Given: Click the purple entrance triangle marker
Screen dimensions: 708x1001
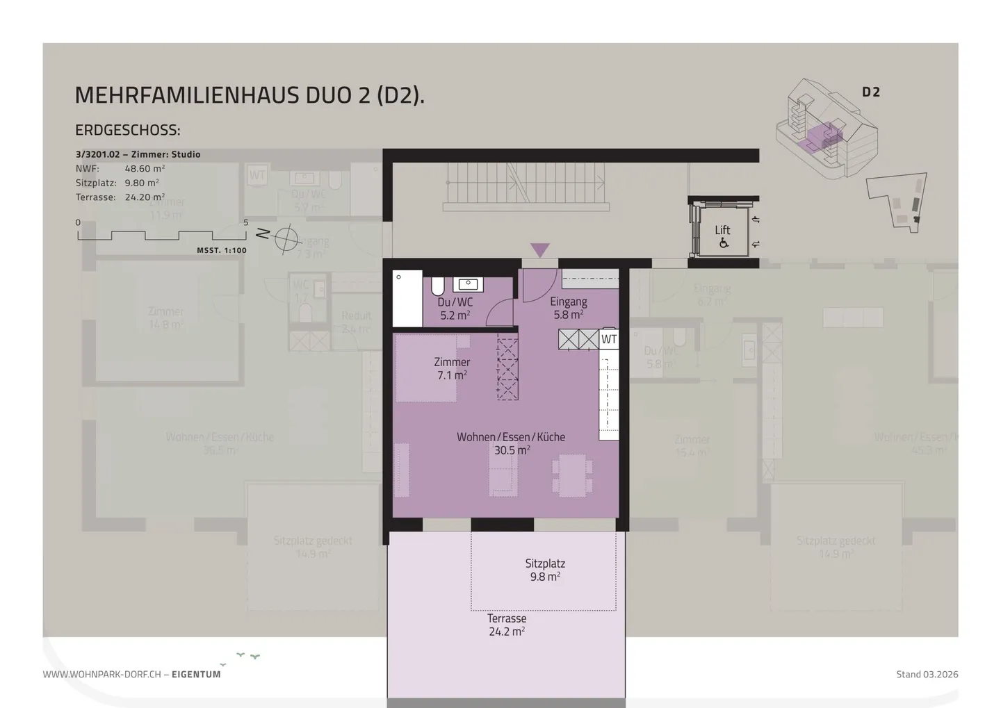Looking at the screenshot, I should tap(540, 249).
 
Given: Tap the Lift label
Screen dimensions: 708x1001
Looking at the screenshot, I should tap(722, 230).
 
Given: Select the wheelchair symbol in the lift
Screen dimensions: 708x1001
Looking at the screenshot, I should tap(724, 243).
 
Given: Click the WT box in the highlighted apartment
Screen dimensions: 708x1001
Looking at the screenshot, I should tap(609, 339).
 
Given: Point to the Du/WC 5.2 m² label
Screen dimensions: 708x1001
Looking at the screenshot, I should tap(455, 308).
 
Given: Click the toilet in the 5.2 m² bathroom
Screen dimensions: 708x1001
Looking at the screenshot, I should tap(438, 286).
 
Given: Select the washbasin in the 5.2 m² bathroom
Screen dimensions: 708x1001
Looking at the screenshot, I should tap(469, 283).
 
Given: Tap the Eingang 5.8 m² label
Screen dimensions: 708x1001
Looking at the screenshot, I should tap(569, 308).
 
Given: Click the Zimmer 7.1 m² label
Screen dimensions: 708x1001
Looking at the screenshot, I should tap(452, 368).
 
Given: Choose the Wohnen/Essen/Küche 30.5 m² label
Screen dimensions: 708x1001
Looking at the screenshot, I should tap(511, 443).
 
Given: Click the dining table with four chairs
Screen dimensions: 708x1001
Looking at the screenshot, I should tap(572, 476).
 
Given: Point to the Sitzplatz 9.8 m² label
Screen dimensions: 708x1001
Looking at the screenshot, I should tap(545, 570).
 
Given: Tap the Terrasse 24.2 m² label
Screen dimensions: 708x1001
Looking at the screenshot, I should tap(507, 625).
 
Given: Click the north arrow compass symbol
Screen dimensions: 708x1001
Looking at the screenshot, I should tap(285, 238).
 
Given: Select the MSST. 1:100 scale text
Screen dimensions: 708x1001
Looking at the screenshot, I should tap(221, 250).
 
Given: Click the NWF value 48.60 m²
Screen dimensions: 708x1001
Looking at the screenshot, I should tap(145, 168).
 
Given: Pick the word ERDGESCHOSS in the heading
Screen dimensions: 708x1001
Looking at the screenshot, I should tap(127, 130).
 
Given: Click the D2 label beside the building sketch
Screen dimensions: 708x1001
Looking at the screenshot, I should tap(871, 92).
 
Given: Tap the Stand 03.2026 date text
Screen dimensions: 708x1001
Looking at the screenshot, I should tap(927, 674).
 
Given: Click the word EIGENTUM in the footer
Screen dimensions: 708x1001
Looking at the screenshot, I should tap(196, 674).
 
